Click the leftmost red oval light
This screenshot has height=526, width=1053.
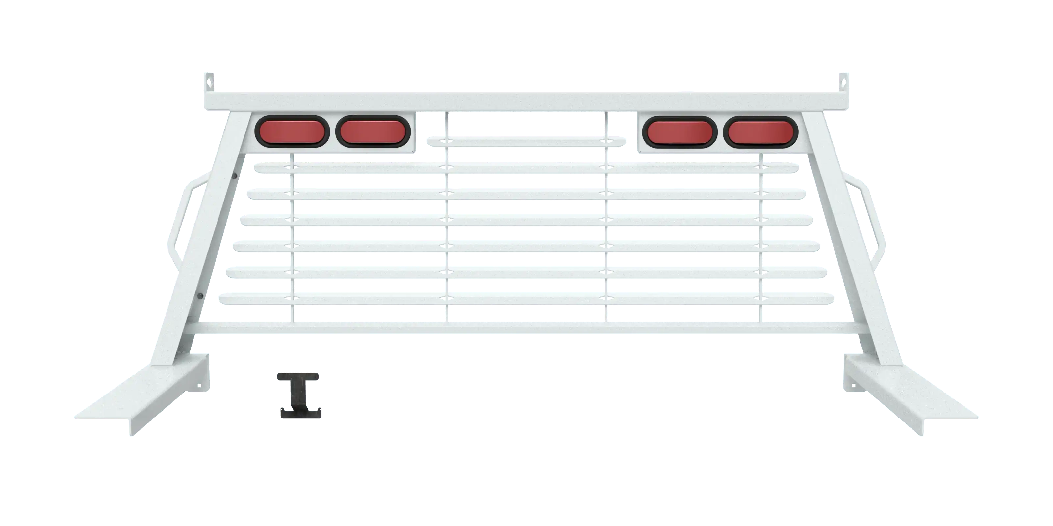pos(292,132)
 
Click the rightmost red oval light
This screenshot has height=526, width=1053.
pos(760,132)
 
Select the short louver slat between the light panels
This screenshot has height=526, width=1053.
pos(526,141)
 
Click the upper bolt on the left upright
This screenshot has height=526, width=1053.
pos(235,176)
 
